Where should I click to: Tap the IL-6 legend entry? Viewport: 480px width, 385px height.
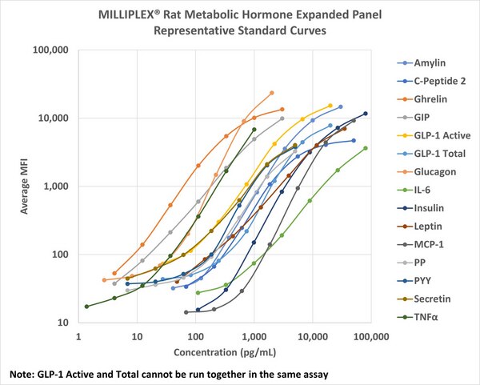click(x=424, y=190)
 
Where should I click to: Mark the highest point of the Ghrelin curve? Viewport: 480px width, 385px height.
click(x=282, y=109)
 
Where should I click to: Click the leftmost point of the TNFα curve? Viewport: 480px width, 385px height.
click(x=86, y=307)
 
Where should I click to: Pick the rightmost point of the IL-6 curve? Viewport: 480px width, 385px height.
click(x=366, y=148)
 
